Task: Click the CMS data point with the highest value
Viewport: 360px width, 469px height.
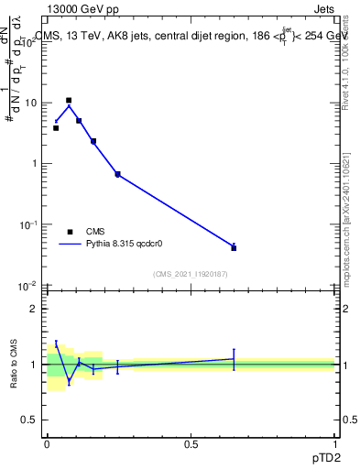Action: (x=69, y=100)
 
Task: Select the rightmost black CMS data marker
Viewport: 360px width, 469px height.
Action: (x=234, y=248)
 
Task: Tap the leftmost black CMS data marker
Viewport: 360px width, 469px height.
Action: (x=56, y=128)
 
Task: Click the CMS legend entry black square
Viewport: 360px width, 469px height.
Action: (x=70, y=232)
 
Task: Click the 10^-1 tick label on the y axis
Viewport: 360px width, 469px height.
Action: (x=27, y=224)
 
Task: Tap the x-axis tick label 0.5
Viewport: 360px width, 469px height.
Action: (x=191, y=442)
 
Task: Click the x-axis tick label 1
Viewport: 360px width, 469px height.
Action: (x=335, y=442)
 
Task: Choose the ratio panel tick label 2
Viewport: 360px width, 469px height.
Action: (x=35, y=309)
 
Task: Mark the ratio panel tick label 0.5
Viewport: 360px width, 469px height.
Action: (x=30, y=420)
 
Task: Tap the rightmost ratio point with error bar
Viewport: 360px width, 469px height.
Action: (x=234, y=359)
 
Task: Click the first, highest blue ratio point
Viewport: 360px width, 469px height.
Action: (x=56, y=344)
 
